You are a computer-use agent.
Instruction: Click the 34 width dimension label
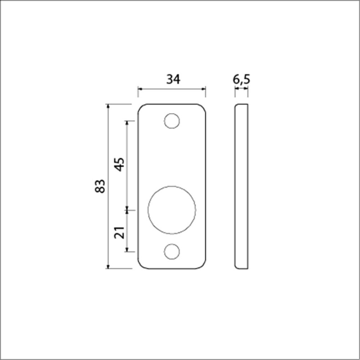(x=173, y=79)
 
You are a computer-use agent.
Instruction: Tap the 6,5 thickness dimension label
(x=241, y=79)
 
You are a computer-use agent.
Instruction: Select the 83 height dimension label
(x=100, y=186)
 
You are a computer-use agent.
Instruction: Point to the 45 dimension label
(x=119, y=165)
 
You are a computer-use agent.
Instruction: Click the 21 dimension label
(x=119, y=232)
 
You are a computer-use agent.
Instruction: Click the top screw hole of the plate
(x=172, y=121)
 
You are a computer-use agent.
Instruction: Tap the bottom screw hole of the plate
(x=172, y=252)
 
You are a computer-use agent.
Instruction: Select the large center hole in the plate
(x=172, y=210)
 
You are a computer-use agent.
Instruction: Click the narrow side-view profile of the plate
(x=241, y=186)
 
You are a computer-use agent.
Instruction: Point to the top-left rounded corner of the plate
(x=140, y=107)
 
